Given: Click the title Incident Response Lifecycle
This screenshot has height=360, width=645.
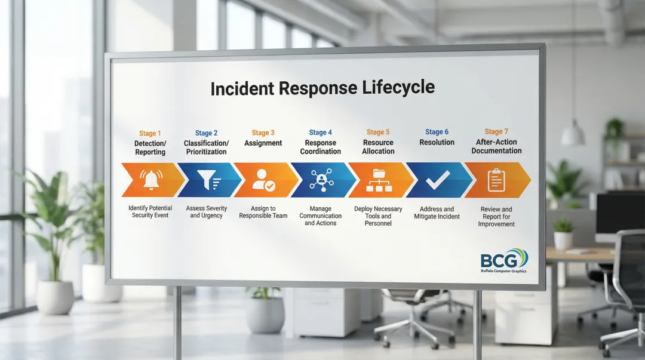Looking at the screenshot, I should tap(322, 88).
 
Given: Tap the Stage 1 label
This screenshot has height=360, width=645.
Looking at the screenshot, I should tap(150, 133).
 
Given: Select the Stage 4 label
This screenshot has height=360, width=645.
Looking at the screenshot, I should tap(321, 133).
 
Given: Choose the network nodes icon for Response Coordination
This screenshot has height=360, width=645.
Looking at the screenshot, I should tap(321, 180).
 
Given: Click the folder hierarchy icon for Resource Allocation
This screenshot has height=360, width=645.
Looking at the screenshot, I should tap(378, 180).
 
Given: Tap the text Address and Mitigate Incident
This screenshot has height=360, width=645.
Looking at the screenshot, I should tap(437, 213).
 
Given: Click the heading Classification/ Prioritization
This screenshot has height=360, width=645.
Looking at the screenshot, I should tap(206, 147).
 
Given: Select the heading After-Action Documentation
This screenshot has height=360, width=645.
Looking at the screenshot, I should tap(496, 146).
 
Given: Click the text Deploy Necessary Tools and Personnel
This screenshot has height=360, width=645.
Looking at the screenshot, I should tap(378, 216).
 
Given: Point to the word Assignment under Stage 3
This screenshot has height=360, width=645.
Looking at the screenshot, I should tap(263, 143).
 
